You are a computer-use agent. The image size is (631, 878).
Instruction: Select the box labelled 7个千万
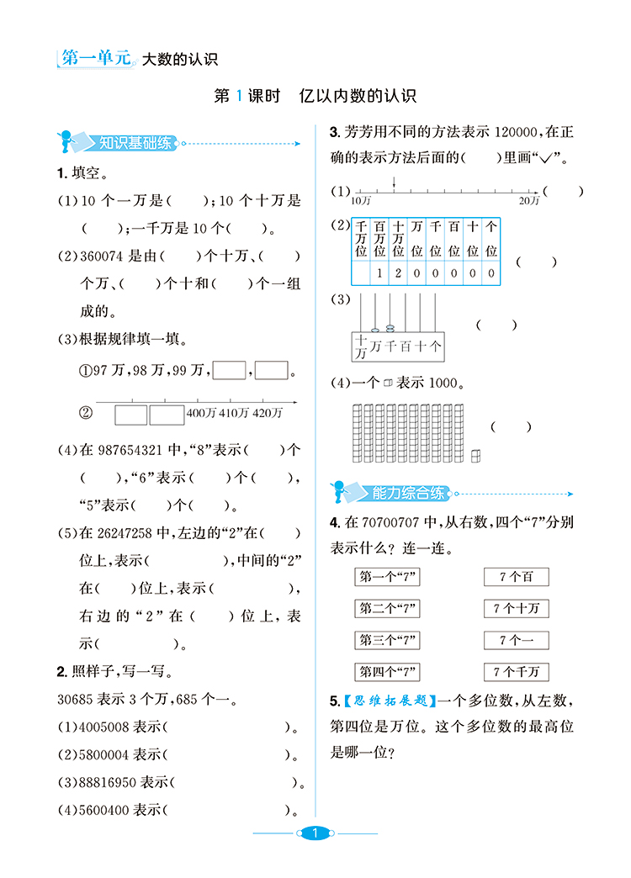[516, 672]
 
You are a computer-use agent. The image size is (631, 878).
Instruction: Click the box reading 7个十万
[516, 608]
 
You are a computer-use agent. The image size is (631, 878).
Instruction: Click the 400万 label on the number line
[200, 413]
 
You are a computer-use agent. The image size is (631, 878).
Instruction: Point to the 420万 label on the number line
[268, 413]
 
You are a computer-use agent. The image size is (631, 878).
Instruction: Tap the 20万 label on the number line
[528, 201]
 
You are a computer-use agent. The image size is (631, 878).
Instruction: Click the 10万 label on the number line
[361, 201]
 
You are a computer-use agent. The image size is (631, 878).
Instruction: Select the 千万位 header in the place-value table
[361, 239]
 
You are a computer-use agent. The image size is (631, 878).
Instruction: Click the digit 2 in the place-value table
[398, 273]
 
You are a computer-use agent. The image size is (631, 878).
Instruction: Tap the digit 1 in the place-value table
[379, 273]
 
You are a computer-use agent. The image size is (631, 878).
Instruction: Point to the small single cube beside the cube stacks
[475, 455]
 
